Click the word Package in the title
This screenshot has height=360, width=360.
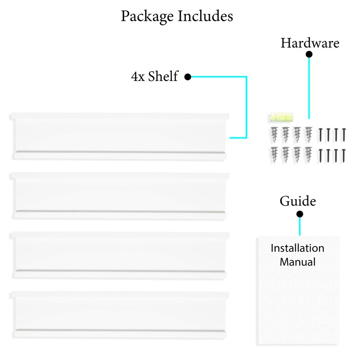(147, 17)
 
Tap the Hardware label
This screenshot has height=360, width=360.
(310, 43)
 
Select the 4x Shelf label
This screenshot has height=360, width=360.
(154, 77)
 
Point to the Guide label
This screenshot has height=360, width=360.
(297, 201)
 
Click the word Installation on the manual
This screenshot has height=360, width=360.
(297, 248)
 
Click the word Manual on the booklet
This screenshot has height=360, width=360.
(297, 261)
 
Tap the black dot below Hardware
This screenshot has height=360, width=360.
(309, 54)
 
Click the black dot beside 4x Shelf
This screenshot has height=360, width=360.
(188, 77)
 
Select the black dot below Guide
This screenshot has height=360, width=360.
(300, 214)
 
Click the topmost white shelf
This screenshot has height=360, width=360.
(120, 136)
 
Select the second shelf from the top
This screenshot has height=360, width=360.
(120, 196)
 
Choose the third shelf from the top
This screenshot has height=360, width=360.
(120, 255)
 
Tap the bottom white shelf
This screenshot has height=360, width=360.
(120, 314)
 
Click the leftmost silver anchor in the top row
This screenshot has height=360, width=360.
(274, 134)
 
